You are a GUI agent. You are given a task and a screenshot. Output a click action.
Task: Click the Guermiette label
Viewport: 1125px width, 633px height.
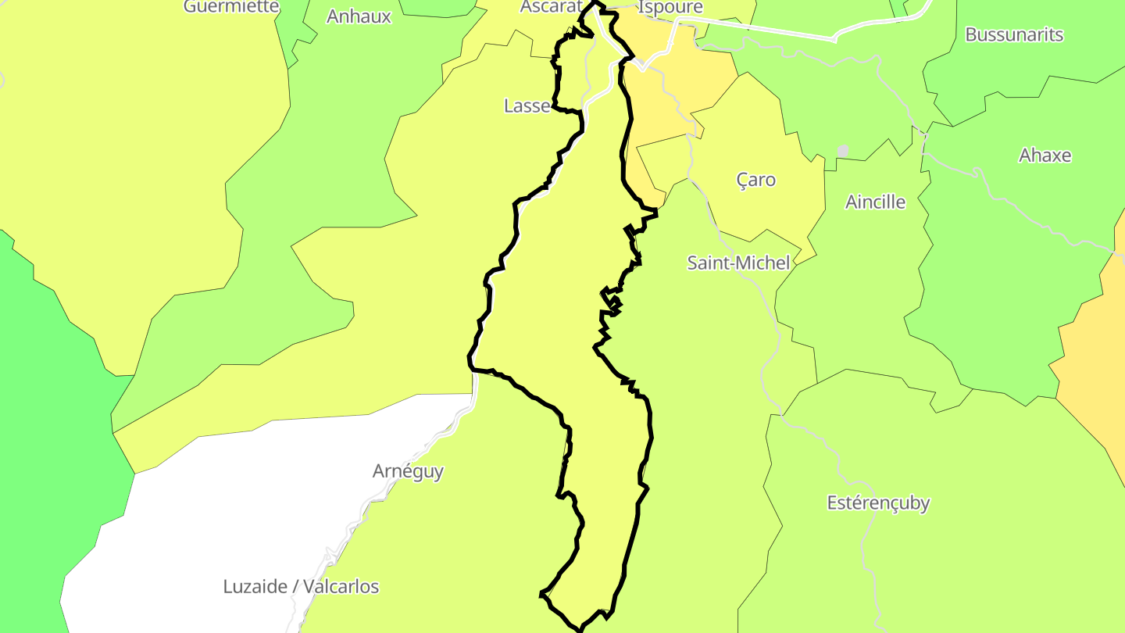[x=231, y=6]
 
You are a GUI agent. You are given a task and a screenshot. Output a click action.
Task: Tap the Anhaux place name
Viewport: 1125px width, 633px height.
[x=359, y=16]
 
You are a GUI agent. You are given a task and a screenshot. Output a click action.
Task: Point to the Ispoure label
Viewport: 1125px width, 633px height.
[x=670, y=7]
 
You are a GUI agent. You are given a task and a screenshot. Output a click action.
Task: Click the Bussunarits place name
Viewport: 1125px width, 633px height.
[x=1014, y=34]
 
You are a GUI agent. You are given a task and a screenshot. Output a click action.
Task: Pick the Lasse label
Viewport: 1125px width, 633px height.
[x=527, y=106]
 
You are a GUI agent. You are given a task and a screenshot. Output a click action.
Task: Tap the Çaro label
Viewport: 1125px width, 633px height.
[x=756, y=180]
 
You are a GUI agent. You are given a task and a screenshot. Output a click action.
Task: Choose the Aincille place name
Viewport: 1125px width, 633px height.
[x=875, y=202]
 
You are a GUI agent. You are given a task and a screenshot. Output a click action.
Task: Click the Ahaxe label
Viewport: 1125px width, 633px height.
[x=1045, y=156]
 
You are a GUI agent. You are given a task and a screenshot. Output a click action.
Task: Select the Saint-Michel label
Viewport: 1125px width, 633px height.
[x=738, y=263]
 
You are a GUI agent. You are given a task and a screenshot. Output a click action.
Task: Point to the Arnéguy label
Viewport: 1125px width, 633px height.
[x=408, y=471]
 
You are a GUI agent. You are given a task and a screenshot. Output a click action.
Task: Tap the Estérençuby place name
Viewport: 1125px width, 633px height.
[x=878, y=502]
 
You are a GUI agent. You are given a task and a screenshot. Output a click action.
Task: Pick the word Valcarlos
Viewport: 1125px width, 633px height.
[x=341, y=586]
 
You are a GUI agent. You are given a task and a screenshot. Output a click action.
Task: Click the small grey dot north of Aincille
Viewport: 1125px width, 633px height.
[x=842, y=149]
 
